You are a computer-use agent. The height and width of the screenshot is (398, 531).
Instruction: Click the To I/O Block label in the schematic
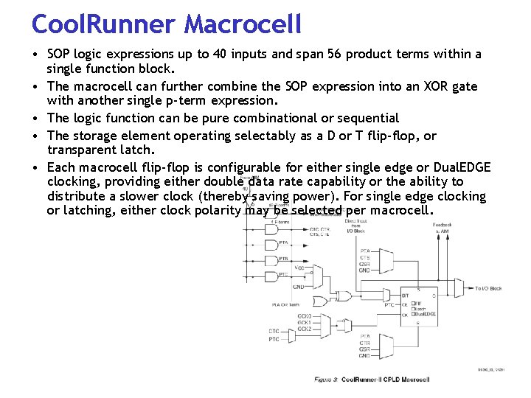coord(488,288)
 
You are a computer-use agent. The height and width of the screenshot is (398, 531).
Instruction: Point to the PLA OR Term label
coord(284,304)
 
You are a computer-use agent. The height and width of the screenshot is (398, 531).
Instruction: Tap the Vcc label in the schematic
coord(299,267)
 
